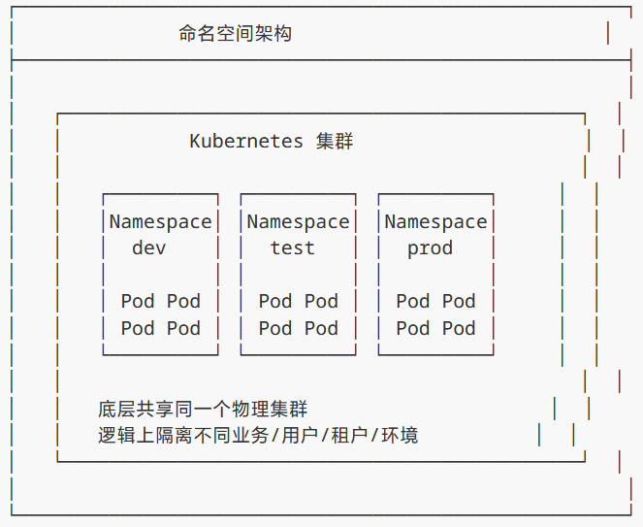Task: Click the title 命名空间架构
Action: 235,34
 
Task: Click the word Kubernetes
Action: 246,141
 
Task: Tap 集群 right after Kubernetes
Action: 335,141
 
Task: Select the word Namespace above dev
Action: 160,221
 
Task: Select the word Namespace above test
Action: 298,221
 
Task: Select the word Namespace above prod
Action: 435,221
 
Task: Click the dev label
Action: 149,247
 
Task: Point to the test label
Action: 292,247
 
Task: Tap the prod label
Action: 430,247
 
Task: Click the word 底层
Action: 116,409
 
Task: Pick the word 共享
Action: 155,409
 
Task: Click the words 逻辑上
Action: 126,435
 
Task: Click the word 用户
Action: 300,435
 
